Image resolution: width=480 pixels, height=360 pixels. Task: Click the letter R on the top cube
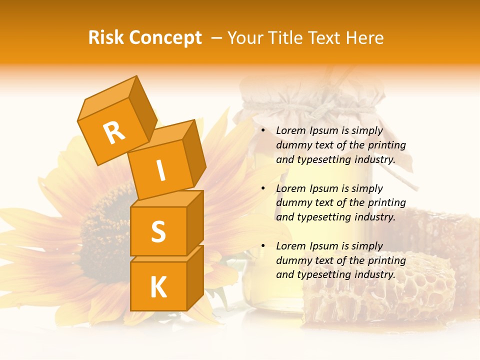pyautogui.click(x=114, y=132)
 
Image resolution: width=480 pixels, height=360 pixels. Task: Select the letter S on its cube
pyautogui.click(x=158, y=231)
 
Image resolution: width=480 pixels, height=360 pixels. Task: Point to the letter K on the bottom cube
pyautogui.click(x=158, y=287)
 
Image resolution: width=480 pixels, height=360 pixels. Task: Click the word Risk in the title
pyautogui.click(x=106, y=37)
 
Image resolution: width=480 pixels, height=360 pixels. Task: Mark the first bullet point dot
pyautogui.click(x=263, y=131)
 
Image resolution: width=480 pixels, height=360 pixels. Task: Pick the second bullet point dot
pyautogui.click(x=263, y=188)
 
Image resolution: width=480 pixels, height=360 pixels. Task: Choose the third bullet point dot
pyautogui.click(x=263, y=246)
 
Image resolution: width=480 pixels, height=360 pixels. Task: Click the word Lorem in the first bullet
pyautogui.click(x=291, y=130)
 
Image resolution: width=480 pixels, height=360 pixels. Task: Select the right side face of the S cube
pyautogui.click(x=195, y=222)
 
